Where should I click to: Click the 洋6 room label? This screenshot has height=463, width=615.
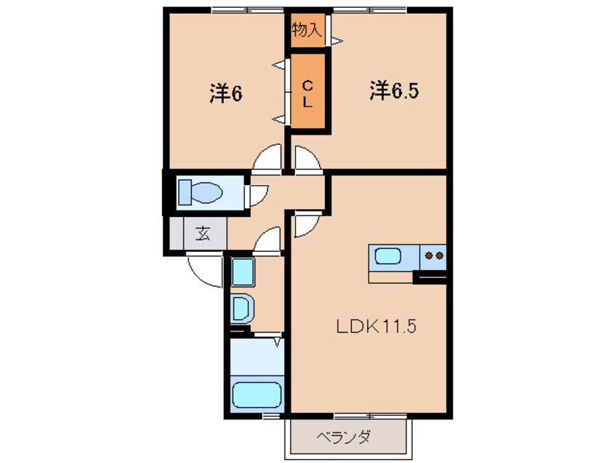[225, 93]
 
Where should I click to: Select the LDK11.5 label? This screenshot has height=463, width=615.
[375, 327]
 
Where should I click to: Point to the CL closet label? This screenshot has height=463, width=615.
[307, 93]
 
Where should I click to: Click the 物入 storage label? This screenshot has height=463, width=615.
[307, 30]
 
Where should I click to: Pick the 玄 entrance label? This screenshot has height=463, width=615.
[201, 234]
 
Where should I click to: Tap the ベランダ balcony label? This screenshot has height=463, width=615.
[344, 438]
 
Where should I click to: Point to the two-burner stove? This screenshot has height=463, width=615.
[435, 256]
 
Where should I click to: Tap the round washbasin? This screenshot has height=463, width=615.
[242, 308]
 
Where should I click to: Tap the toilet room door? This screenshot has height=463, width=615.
[258, 194]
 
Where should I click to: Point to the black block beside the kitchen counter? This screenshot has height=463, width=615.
[429, 277]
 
